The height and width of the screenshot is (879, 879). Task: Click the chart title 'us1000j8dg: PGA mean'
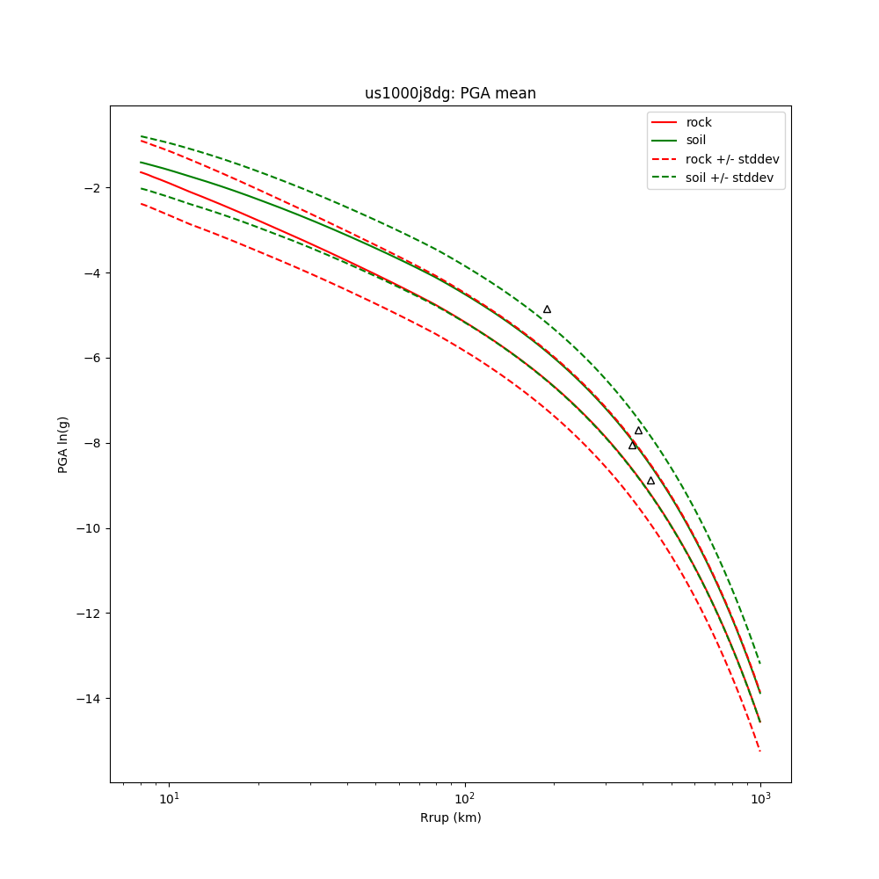450,93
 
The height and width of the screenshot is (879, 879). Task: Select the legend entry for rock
699,122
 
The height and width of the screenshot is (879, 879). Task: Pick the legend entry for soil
696,140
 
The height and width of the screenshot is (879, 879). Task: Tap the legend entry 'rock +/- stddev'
732,159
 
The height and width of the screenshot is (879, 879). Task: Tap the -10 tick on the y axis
89,529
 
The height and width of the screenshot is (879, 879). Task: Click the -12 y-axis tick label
89,614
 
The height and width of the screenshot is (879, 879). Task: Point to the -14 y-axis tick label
89,699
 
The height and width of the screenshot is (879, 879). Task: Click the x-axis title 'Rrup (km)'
450,817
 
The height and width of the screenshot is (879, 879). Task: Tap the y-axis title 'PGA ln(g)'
63,444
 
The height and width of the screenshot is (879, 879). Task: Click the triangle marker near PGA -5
547,309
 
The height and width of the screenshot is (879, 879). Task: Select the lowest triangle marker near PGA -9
650,481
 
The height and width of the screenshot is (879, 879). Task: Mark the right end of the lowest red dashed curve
760,751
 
